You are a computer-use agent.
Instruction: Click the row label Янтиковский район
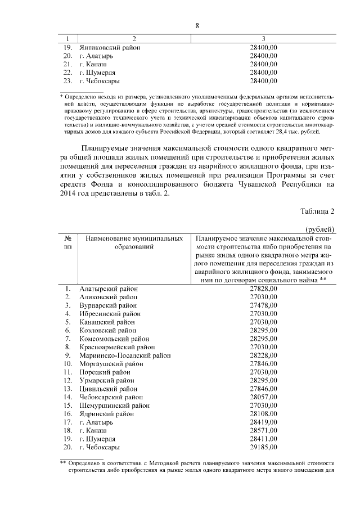pyautogui.click(x=110, y=48)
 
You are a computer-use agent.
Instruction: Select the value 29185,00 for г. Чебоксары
pyautogui.click(x=263, y=447)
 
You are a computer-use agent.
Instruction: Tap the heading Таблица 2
pyautogui.click(x=318, y=211)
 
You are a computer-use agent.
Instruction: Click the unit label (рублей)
pyautogui.click(x=320, y=229)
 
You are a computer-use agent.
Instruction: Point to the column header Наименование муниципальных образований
pyautogui.click(x=134, y=243)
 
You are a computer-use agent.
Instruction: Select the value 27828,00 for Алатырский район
pyautogui.click(x=263, y=289)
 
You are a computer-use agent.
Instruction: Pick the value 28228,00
pyautogui.click(x=263, y=355)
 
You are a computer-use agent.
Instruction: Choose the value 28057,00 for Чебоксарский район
pyautogui.click(x=263, y=397)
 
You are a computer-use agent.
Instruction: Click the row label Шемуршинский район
pyautogui.click(x=115, y=406)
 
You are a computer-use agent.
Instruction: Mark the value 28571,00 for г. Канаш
pyautogui.click(x=263, y=430)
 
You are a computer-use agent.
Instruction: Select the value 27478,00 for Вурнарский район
pyautogui.click(x=263, y=305)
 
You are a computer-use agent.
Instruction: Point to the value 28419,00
pyautogui.click(x=263, y=422)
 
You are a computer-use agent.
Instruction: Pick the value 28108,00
pyautogui.click(x=263, y=414)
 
